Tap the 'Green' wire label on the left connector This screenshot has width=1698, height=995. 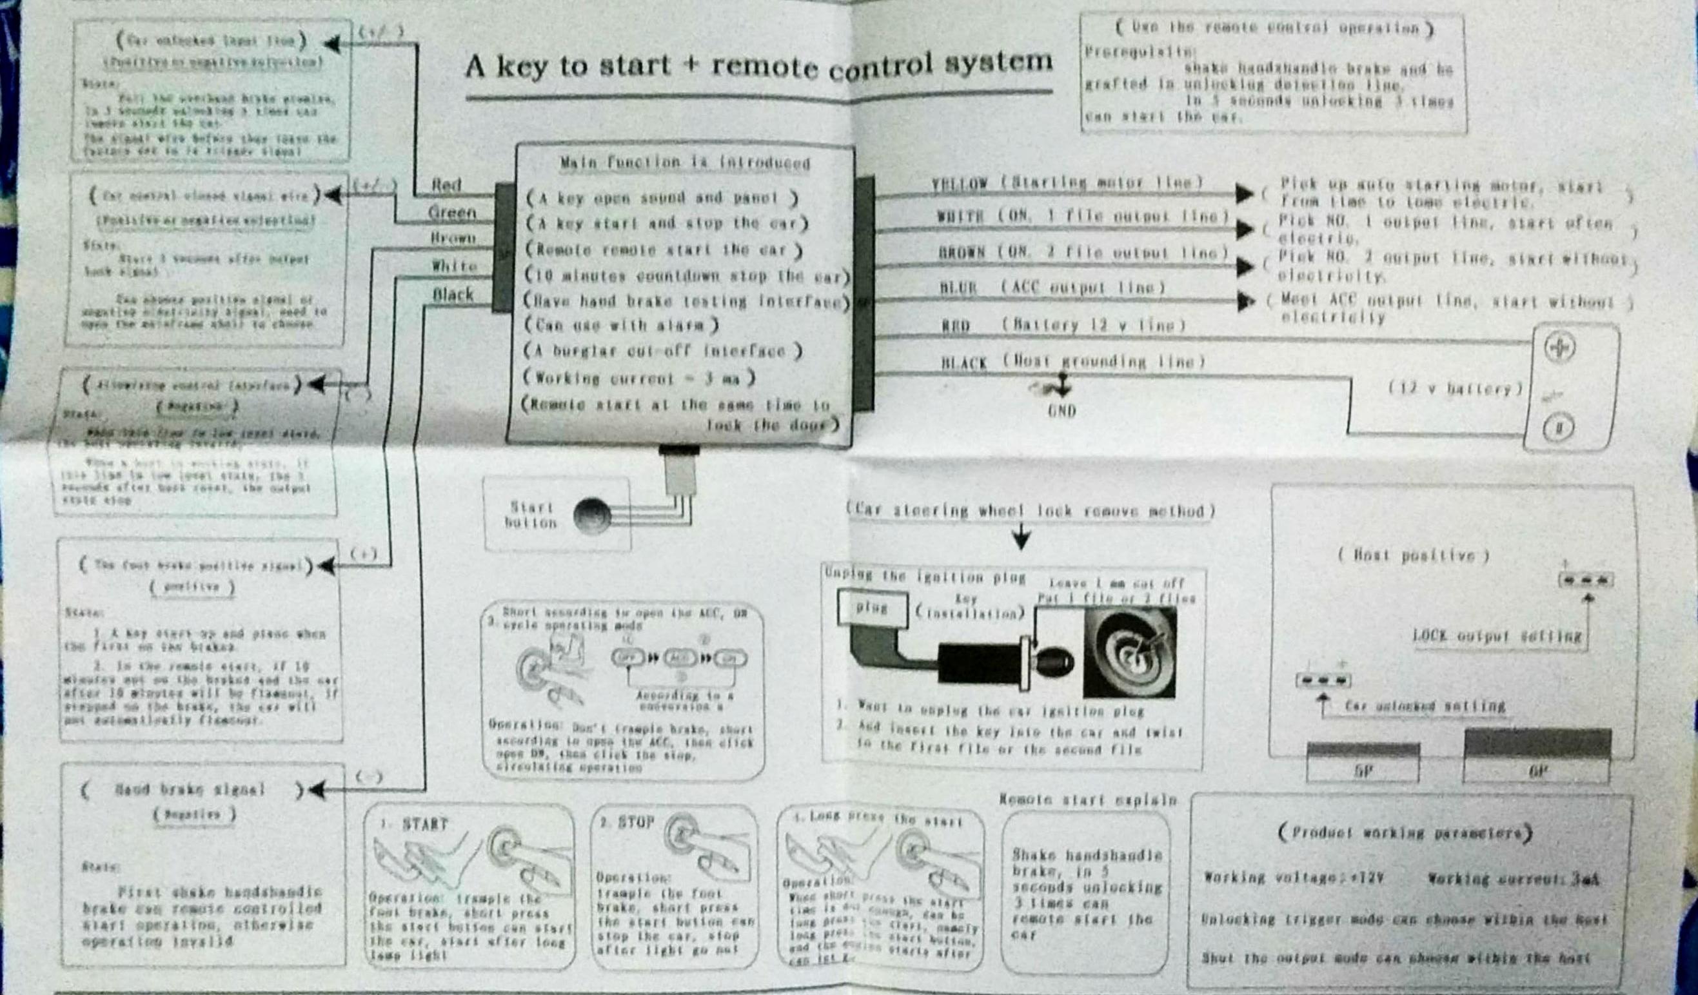point(452,213)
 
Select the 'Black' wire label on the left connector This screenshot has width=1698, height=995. point(453,295)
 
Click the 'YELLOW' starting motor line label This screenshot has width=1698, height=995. point(960,184)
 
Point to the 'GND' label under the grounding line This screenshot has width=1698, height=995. point(1062,410)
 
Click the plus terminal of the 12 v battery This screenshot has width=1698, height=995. point(1559,348)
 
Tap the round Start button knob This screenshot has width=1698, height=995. point(591,516)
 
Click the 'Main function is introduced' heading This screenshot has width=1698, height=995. point(685,163)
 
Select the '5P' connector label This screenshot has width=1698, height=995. point(1363,771)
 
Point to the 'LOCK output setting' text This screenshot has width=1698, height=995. point(1497,636)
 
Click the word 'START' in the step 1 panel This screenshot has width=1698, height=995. point(424,825)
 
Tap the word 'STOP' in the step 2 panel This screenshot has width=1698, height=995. point(635,823)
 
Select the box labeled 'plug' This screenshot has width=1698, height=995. point(871,608)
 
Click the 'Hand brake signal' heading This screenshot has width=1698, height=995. point(190,789)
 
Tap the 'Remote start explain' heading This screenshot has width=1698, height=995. point(1087,800)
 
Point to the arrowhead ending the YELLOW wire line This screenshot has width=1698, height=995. point(1244,193)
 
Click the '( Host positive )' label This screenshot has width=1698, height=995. point(1413,556)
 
